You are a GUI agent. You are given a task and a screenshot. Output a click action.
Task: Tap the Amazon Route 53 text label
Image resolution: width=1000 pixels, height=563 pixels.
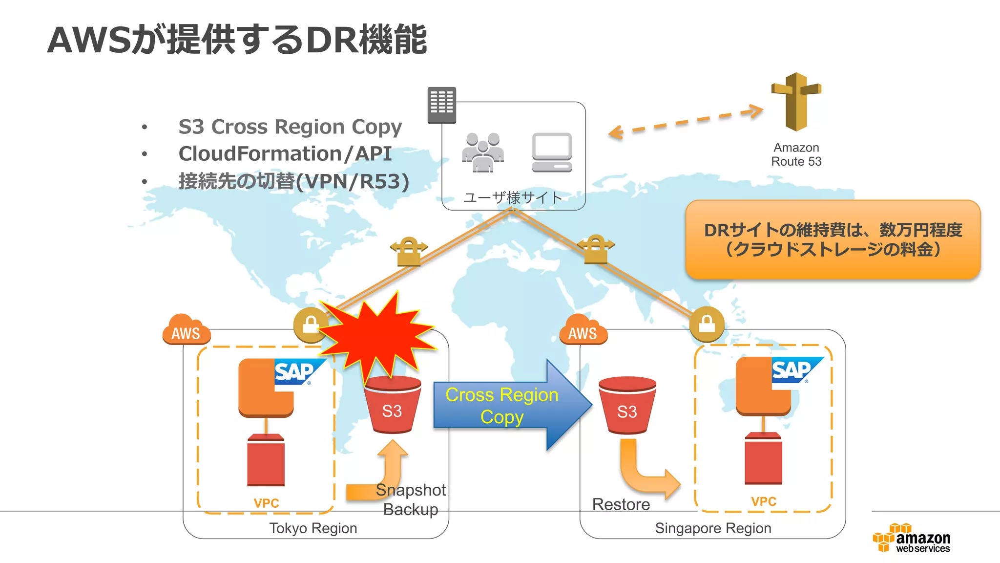pos(796,154)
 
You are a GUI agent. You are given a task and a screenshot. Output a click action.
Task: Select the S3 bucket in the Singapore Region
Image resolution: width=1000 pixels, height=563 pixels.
pos(627,406)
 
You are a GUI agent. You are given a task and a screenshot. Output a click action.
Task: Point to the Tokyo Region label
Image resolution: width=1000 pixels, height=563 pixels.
pos(313,528)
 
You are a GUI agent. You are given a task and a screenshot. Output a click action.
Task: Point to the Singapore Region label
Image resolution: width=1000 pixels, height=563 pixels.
pos(712,528)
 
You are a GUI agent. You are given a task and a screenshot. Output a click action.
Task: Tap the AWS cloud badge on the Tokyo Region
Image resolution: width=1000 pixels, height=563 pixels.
pos(186,331)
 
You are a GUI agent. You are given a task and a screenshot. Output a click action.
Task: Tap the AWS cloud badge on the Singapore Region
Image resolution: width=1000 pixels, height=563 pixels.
pos(583,331)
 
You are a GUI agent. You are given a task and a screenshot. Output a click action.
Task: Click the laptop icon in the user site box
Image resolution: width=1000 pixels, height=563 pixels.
pos(552,152)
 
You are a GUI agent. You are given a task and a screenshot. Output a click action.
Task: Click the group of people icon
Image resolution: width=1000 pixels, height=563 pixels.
pos(483,152)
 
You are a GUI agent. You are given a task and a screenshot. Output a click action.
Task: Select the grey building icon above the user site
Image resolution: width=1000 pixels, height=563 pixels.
pos(441,105)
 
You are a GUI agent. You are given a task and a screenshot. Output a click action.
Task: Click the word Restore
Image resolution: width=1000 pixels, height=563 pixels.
pos(621,504)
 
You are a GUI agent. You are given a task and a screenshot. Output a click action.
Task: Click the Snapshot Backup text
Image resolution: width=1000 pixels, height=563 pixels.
pos(411,499)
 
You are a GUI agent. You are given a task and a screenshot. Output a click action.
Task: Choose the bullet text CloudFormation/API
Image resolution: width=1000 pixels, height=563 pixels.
pos(285,154)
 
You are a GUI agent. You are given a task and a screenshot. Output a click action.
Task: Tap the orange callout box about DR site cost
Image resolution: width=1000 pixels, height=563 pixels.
pos(833,239)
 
